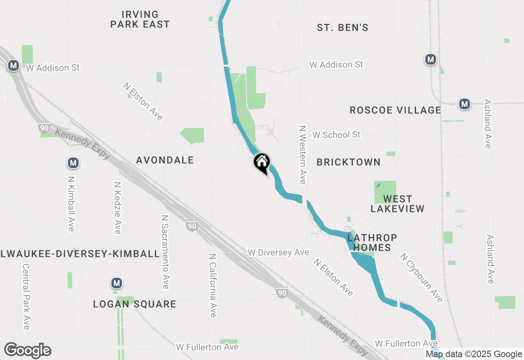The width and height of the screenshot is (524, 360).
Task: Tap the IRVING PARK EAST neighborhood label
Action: pos(140,20)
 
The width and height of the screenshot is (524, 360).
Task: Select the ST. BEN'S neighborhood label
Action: pos(343,28)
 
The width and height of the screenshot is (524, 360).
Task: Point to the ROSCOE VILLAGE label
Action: pos(395,110)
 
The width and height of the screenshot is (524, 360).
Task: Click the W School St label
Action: pos(336,135)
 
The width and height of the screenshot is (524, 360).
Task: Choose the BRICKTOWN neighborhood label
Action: pos(348,162)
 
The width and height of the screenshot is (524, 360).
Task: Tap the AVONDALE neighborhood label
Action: pos(165,160)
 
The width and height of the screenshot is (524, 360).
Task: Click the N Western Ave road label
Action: pos(303,155)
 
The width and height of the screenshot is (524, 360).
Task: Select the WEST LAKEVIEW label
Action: pos(398,204)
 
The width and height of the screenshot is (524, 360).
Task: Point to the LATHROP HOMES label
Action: pos(372,243)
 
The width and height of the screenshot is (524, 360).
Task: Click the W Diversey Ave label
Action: pos(278,252)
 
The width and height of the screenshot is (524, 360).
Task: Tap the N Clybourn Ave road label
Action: pos(422,278)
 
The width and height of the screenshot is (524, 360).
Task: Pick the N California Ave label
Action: pos(212,285)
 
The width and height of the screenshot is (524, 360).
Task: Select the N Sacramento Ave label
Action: pos(165,252)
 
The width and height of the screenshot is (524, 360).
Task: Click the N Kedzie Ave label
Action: pos(117,208)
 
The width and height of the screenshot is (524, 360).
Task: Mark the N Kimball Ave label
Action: pos(71,204)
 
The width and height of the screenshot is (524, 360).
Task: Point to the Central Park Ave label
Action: pos(26,297)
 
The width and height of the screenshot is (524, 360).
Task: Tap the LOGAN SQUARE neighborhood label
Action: pos(135,304)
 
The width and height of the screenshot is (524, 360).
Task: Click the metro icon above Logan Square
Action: pos(117,283)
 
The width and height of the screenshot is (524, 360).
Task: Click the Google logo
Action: pos(27,351)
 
